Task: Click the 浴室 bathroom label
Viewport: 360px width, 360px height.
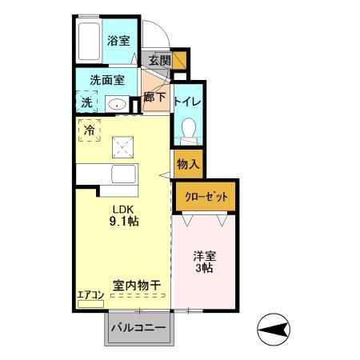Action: tap(119, 41)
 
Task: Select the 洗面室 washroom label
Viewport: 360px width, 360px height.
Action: tap(107, 81)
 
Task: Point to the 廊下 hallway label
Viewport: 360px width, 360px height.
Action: tap(155, 98)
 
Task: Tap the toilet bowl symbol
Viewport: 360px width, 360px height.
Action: tap(189, 128)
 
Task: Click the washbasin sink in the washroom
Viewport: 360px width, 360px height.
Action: tap(117, 104)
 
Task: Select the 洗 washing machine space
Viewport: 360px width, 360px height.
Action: tap(86, 102)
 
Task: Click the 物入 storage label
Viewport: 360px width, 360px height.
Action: tap(187, 164)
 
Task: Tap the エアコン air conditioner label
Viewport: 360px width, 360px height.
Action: tap(90, 296)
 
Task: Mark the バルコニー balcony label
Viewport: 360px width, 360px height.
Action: tap(138, 328)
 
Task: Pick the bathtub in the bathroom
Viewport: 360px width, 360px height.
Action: tap(89, 40)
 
